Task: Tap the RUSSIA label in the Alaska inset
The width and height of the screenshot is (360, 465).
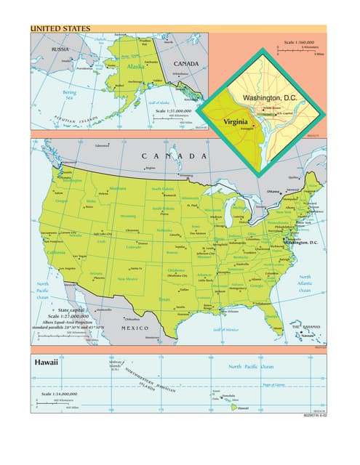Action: pyautogui.click(x=59, y=49)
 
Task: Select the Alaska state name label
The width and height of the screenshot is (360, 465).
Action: pyautogui.click(x=136, y=67)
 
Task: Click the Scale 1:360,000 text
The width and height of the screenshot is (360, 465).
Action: pyautogui.click(x=299, y=42)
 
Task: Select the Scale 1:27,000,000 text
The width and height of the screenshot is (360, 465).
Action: pyautogui.click(x=69, y=317)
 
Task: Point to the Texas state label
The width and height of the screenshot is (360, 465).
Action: pyautogui.click(x=164, y=299)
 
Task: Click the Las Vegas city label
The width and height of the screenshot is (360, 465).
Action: pyautogui.click(x=79, y=256)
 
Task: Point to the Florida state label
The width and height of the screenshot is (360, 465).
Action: pyautogui.click(x=271, y=315)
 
